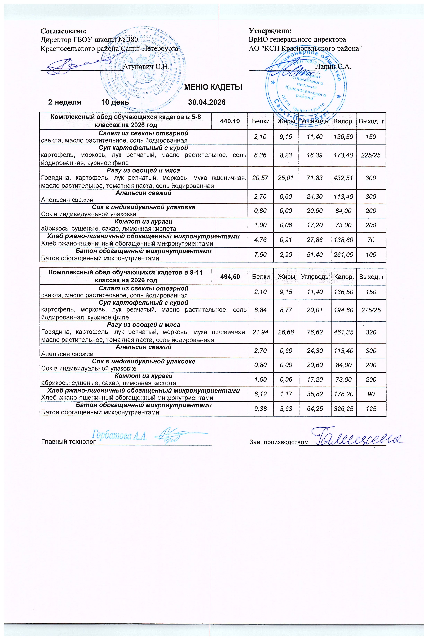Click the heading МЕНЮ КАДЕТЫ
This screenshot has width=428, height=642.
pyautogui.click(x=213, y=87)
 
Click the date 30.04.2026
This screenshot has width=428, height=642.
pyautogui.click(x=207, y=102)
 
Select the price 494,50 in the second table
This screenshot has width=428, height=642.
pyautogui.click(x=230, y=277)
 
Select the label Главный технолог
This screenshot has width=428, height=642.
pyautogui.click(x=65, y=442)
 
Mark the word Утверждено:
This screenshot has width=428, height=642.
pyautogui.click(x=270, y=31)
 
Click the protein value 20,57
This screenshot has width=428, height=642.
pyautogui.click(x=260, y=178)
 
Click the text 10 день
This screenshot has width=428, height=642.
pyautogui.click(x=115, y=102)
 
